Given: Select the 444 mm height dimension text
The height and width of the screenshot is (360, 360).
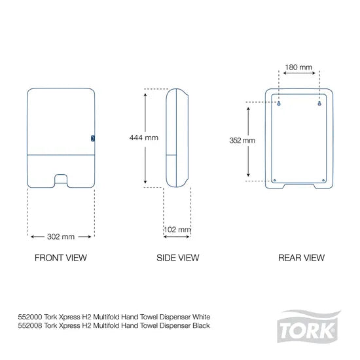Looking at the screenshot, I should tap(143, 137).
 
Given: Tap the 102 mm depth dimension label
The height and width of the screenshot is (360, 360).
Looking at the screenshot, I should tap(177, 230).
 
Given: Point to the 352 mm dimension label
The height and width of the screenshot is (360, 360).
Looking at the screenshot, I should tap(243, 141).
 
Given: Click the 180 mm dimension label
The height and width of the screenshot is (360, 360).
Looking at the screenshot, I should tap(299, 67).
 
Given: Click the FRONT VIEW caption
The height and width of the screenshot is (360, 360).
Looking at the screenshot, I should tap(60, 257).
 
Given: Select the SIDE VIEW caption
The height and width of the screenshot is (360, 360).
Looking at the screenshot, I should tap(177, 257).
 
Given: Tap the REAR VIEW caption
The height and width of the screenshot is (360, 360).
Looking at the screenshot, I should tap(301, 257).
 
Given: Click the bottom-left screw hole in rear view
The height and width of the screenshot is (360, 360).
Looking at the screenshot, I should tap(276, 181).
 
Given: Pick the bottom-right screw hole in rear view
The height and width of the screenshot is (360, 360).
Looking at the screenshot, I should tap(324, 181).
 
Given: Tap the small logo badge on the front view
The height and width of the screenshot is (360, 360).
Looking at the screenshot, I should tap(92, 138).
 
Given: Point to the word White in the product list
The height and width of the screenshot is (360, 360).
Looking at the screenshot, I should tap(201, 315).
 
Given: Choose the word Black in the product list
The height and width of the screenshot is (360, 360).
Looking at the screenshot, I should tap(201, 325).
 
